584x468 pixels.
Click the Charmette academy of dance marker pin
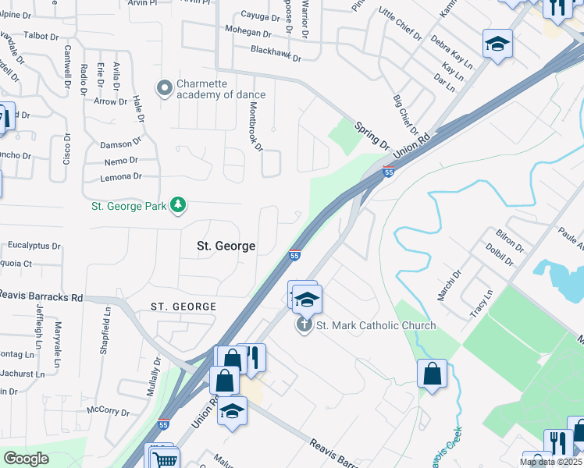point(165,87)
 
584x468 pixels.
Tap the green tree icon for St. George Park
point(179,205)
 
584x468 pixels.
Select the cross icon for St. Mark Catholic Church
point(304,324)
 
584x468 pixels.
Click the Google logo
point(27,459)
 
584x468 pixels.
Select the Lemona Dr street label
point(121,176)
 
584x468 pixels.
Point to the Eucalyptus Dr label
point(34,245)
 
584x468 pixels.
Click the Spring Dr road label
point(372,135)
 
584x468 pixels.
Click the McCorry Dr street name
point(108,410)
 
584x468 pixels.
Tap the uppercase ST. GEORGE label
point(183,307)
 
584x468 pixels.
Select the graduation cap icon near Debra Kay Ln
point(497,44)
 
